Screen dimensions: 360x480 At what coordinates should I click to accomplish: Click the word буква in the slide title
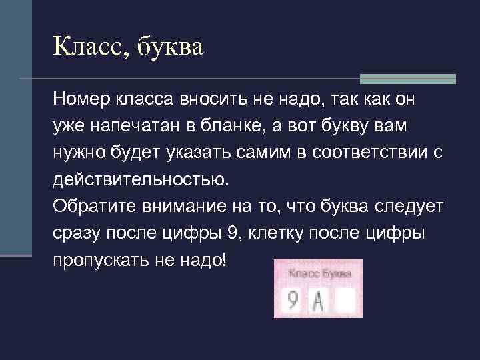point(170,48)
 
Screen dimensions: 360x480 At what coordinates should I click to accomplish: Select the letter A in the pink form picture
point(318,301)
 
